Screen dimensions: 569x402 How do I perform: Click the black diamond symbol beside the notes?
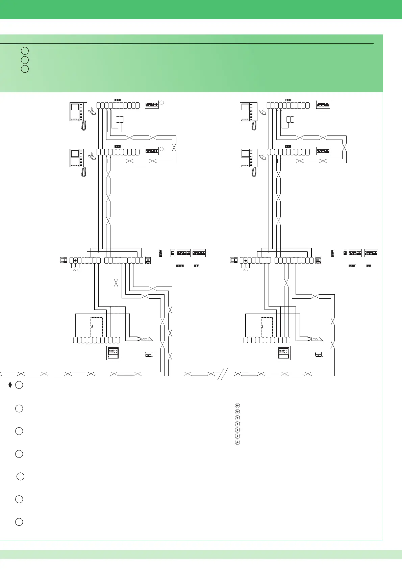[10, 385]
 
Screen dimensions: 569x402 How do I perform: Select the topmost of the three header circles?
[25, 51]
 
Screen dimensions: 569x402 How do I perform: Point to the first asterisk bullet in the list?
[237, 405]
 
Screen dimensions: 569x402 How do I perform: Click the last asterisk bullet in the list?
[237, 442]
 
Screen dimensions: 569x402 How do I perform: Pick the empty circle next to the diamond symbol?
[19, 385]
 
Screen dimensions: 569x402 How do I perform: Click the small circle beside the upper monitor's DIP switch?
[161, 102]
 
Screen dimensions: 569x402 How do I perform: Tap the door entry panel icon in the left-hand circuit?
[113, 353]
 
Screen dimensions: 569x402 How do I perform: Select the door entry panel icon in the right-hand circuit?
[283, 353]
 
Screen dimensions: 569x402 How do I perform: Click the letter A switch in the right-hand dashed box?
[262, 327]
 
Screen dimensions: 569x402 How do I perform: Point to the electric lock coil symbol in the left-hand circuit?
[146, 339]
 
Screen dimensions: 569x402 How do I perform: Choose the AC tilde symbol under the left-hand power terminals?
[75, 270]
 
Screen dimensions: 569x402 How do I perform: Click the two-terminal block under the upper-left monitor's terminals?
[120, 119]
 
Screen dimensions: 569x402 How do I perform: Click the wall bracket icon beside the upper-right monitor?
[262, 111]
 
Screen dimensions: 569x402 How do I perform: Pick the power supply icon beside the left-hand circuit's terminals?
[64, 260]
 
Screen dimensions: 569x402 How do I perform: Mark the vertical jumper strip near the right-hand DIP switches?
[333, 253]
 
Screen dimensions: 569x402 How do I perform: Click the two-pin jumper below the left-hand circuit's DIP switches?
[197, 266]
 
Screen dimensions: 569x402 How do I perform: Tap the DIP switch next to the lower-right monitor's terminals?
[323, 151]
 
